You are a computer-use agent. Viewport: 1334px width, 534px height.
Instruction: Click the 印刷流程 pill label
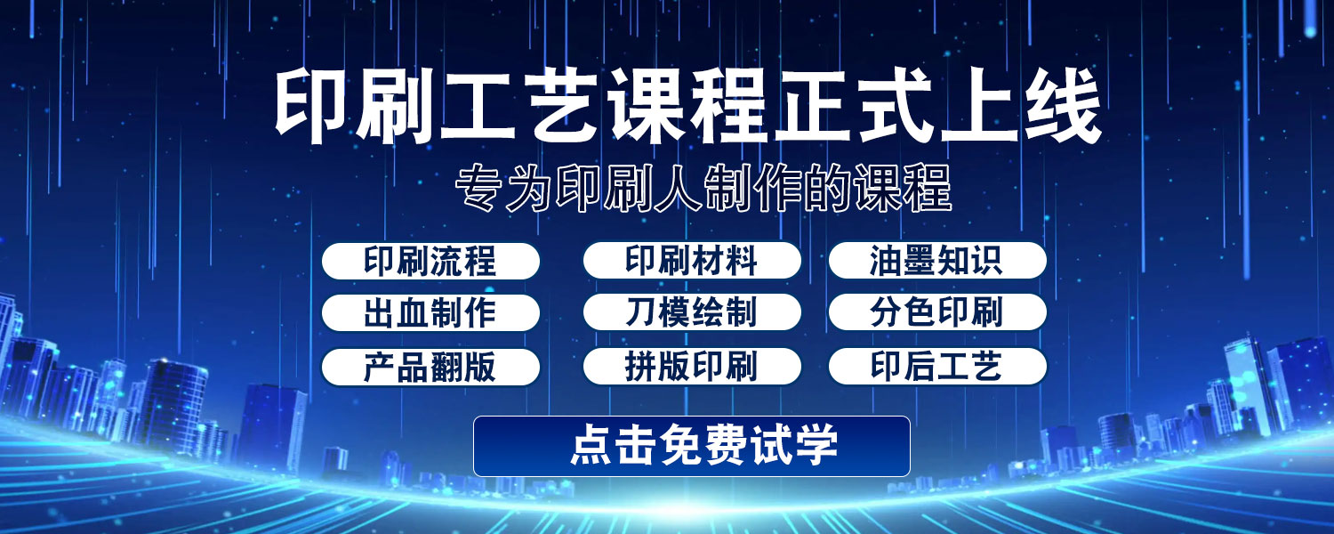(430, 261)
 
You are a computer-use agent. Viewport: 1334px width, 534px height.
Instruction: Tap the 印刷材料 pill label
(692, 261)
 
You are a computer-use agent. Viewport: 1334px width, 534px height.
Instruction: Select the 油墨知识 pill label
(937, 261)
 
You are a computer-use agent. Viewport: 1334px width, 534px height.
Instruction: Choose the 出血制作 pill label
(430, 312)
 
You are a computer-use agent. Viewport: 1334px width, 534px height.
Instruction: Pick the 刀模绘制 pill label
(692, 311)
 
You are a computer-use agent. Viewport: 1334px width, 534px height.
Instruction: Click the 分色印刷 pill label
(937, 311)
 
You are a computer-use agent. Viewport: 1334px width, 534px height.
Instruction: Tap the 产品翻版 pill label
(430, 367)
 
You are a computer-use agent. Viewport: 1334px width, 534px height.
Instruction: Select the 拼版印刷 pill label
(692, 366)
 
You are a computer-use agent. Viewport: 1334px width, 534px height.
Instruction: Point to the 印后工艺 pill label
(937, 366)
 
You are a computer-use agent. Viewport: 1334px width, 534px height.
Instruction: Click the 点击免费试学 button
(691, 447)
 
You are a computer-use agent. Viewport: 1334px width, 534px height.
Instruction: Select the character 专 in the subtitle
(478, 189)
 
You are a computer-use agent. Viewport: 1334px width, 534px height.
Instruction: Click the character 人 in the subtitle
(677, 189)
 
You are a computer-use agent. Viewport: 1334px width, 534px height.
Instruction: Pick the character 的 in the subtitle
(826, 189)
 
